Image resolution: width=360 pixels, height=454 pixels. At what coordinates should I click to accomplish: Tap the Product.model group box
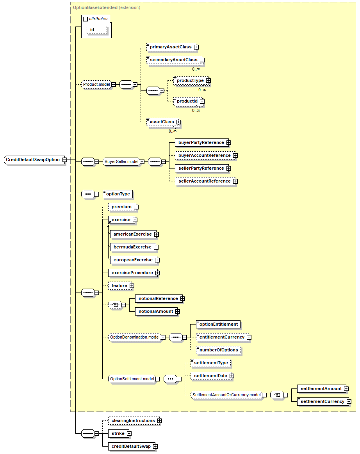[x=96, y=84]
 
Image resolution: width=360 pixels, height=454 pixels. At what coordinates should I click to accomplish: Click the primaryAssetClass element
[x=170, y=47]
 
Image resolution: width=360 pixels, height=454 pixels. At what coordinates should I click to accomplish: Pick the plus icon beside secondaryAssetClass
[x=202, y=60]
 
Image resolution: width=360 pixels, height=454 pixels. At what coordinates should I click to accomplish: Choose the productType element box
[x=190, y=80]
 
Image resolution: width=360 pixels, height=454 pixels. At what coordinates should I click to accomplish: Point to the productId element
[x=187, y=101]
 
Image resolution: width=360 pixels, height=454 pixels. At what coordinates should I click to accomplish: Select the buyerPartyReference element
[x=201, y=142]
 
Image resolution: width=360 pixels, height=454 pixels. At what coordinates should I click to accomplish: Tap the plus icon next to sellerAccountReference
[x=235, y=181]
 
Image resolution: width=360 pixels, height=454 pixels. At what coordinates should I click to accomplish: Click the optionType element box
[x=118, y=194]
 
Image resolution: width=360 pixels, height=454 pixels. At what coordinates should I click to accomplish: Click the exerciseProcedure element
[x=132, y=273]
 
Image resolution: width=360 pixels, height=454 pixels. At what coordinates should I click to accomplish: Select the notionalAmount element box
[x=155, y=311]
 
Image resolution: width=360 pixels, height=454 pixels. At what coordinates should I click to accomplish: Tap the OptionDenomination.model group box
[x=135, y=337]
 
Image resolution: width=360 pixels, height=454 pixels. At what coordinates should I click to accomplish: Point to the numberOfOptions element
[x=218, y=350]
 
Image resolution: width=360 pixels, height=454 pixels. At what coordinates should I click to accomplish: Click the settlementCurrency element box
[x=322, y=401]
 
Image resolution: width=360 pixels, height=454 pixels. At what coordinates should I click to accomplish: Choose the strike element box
[x=118, y=433]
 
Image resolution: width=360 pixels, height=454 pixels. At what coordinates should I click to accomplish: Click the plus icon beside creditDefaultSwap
[x=155, y=446]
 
